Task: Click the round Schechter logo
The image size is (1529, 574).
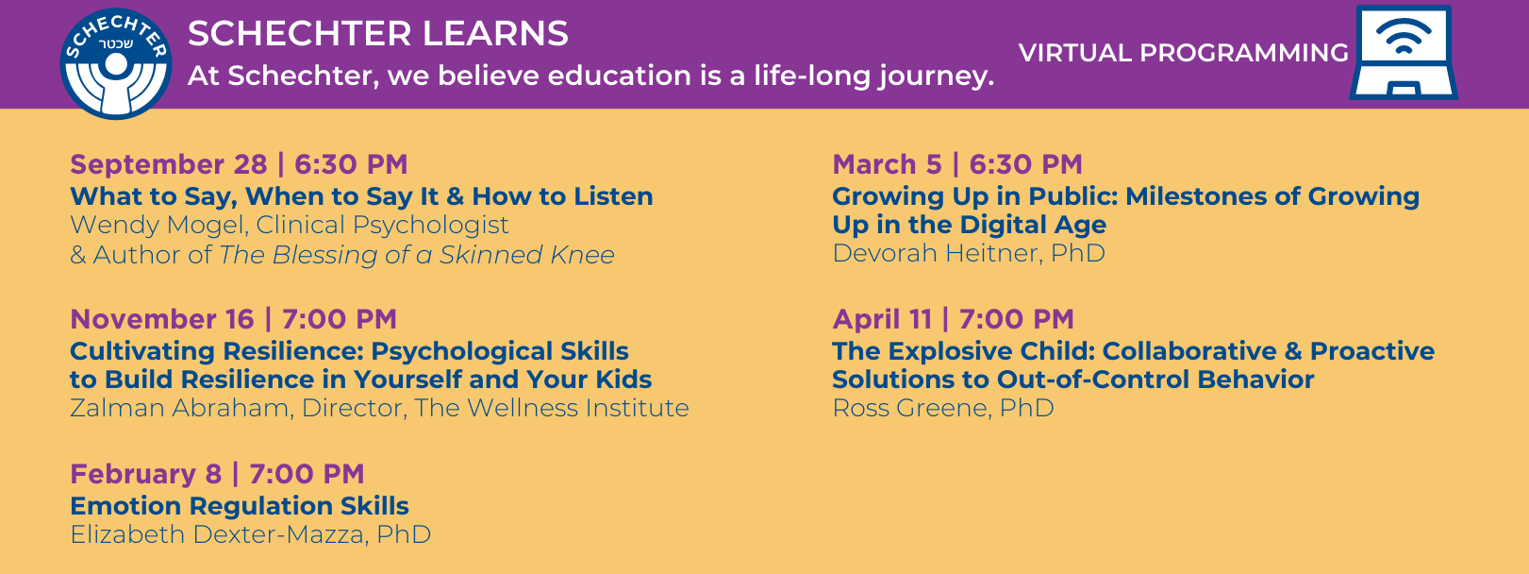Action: coord(116,64)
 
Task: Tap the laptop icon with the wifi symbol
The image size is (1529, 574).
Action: coord(1404,53)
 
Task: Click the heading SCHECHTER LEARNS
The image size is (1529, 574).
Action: coord(378,33)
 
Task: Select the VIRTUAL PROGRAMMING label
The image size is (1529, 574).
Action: coord(1184,53)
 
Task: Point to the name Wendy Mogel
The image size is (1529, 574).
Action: coord(158,225)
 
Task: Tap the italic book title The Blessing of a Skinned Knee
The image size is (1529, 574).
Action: coord(416,255)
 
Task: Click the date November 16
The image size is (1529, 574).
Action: coord(162,319)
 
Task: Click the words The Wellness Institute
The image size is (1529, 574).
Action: coord(552,408)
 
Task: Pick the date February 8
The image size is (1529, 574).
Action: coord(146,474)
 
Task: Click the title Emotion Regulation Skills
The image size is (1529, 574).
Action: coord(240,506)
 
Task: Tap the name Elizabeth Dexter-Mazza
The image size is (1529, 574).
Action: coord(220,534)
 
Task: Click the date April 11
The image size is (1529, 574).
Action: coord(883,319)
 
